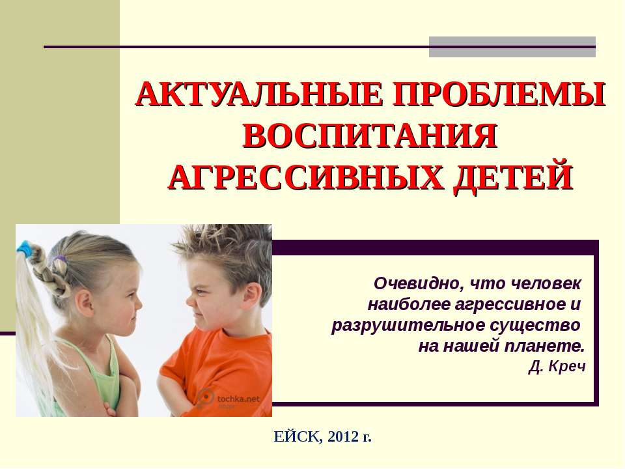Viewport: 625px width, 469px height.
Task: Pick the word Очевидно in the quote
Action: [x=408, y=284]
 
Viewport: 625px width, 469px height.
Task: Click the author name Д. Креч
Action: [x=558, y=367]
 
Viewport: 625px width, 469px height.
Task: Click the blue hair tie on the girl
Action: [x=25, y=246]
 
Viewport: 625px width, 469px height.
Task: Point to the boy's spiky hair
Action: [x=225, y=251]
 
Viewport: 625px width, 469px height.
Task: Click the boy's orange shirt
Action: [x=225, y=365]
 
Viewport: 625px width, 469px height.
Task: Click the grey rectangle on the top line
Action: [x=512, y=47]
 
